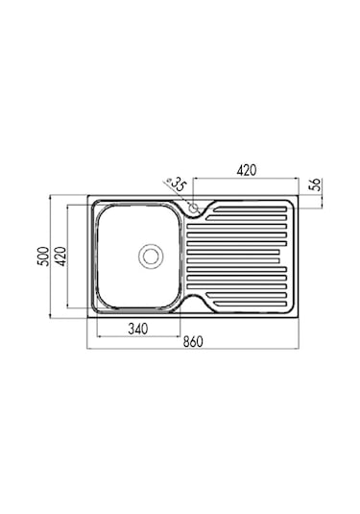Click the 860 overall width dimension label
193,342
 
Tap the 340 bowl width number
138,329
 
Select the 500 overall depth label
44,256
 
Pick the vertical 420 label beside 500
60,256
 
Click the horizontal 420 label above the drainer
247,170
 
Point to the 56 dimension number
314,184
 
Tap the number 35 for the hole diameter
179,184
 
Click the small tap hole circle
194,208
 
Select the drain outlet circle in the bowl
151,256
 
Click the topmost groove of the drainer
251,209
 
